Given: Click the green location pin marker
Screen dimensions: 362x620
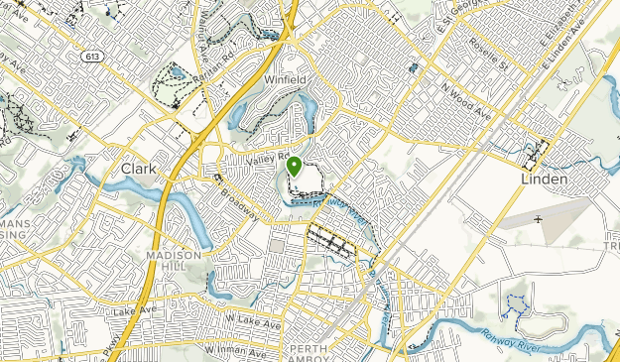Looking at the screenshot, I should coord(295,167).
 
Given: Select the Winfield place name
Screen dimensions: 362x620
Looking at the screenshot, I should coord(286,78).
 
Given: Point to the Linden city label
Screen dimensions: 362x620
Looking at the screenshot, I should coord(544,180).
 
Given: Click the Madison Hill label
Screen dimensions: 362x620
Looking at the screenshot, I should coord(174,261).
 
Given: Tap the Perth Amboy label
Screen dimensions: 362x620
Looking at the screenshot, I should coord(315,354).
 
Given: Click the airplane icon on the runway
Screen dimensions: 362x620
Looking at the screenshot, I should coord(537,218).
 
